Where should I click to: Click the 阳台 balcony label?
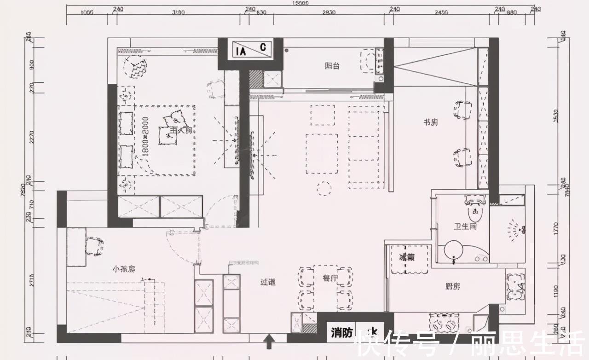[332, 66]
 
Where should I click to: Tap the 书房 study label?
[430, 122]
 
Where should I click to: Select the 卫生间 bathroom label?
[465, 226]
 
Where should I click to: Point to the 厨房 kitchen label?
[452, 286]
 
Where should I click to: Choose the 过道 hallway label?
[268, 282]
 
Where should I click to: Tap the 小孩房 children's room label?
[125, 268]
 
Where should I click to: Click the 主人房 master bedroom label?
[180, 130]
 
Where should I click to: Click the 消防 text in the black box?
[342, 333]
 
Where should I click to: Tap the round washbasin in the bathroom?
[453, 251]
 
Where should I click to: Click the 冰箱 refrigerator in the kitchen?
[407, 257]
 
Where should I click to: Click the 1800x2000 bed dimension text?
[145, 137]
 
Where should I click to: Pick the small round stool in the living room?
[324, 188]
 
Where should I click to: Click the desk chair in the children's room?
[95, 246]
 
